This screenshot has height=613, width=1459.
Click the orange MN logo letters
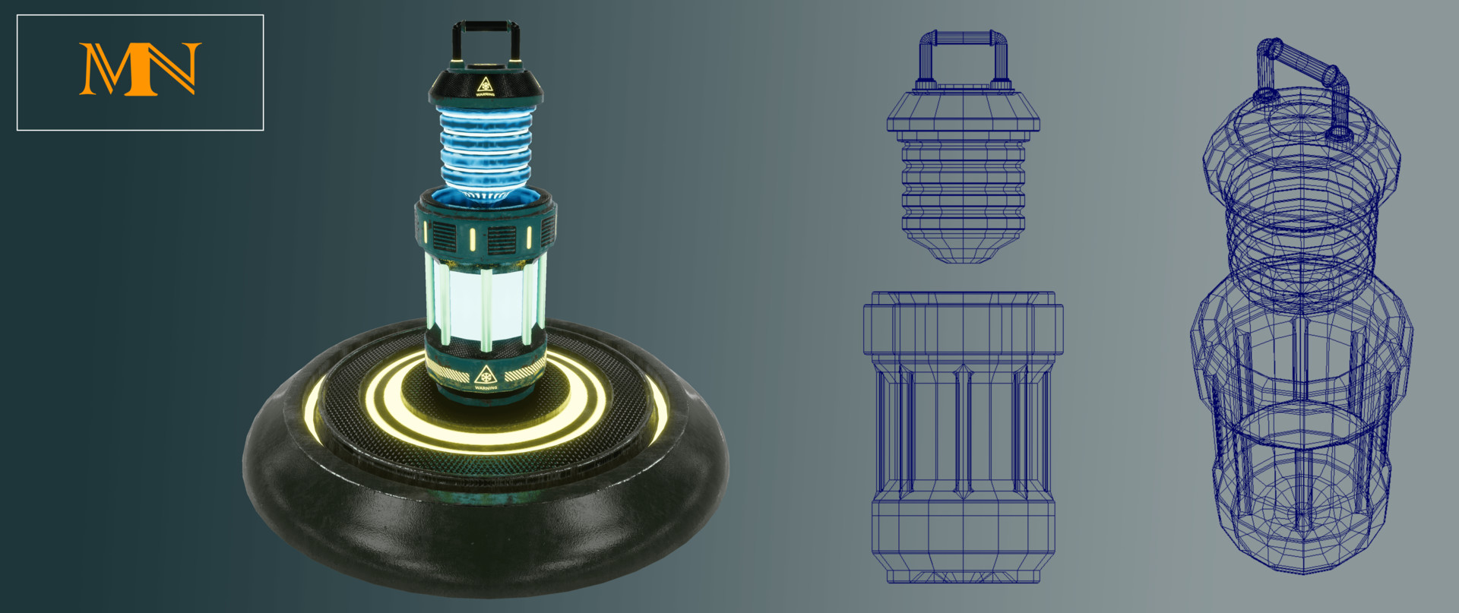click(140, 70)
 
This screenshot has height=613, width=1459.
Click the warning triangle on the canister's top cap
click(486, 85)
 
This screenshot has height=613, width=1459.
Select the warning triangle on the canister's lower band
click(486, 375)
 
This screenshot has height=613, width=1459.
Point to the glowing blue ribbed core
click(485, 148)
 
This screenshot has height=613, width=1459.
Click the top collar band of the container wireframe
click(963, 323)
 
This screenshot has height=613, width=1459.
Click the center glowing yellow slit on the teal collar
click(473, 239)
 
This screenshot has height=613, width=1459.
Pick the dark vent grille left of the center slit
click(445, 237)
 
